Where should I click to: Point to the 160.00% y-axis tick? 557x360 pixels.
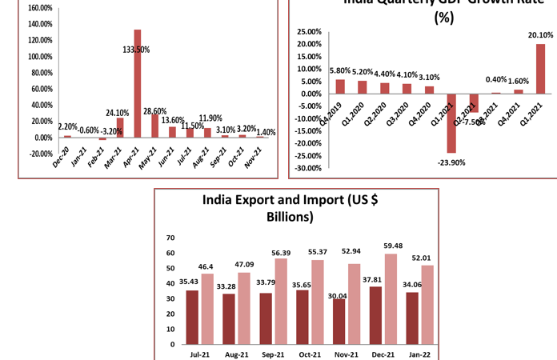click(40, 8)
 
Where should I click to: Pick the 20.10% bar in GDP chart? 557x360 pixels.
click(540, 69)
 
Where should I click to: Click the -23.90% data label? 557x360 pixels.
click(451, 162)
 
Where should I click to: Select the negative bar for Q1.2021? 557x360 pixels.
click(451, 123)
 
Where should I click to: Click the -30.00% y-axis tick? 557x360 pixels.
click(309, 168)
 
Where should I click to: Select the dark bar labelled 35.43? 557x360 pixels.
click(192, 317)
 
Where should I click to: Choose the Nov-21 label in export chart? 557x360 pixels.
click(347, 354)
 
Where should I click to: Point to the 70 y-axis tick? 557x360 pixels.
click(169, 238)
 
